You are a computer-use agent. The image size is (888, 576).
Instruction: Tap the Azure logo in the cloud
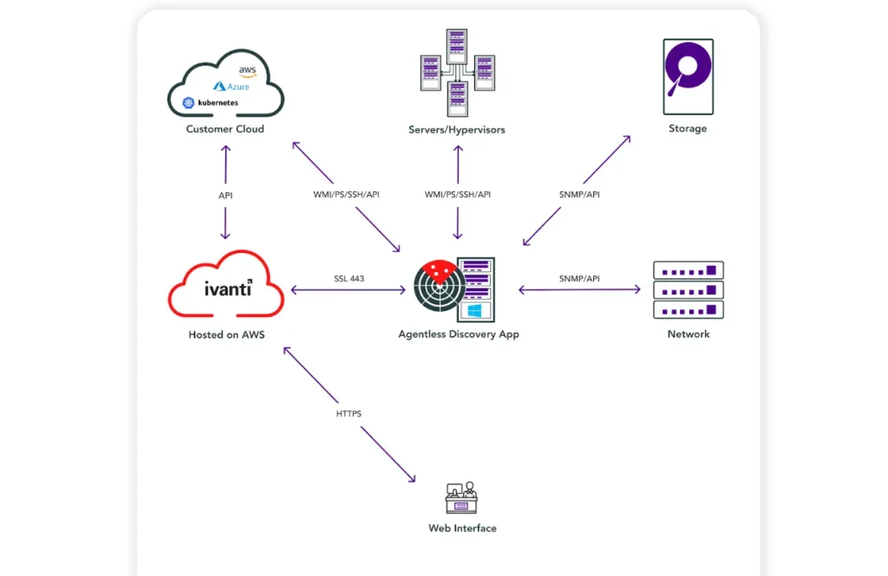[232, 87]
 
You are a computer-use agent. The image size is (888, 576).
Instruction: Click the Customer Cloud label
[225, 129]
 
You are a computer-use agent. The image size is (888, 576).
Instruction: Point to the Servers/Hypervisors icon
[457, 72]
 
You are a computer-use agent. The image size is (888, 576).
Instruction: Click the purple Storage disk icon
[688, 76]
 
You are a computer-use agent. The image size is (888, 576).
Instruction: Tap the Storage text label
[688, 129]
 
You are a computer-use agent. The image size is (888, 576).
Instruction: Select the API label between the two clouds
[225, 196]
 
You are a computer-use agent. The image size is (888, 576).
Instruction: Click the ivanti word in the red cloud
[227, 288]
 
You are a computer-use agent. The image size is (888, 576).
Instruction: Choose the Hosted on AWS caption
[225, 334]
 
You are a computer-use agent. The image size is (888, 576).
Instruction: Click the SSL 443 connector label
[349, 279]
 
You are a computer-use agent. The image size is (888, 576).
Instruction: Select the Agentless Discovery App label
[458, 334]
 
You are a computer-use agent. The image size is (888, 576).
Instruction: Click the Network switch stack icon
[688, 290]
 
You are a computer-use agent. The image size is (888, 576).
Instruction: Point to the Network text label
[688, 334]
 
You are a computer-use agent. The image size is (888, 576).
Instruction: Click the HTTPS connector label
[349, 414]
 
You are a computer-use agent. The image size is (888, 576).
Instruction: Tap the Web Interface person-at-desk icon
[461, 499]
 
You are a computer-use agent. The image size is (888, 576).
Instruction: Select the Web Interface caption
[462, 528]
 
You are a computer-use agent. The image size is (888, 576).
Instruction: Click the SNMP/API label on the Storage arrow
[579, 195]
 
